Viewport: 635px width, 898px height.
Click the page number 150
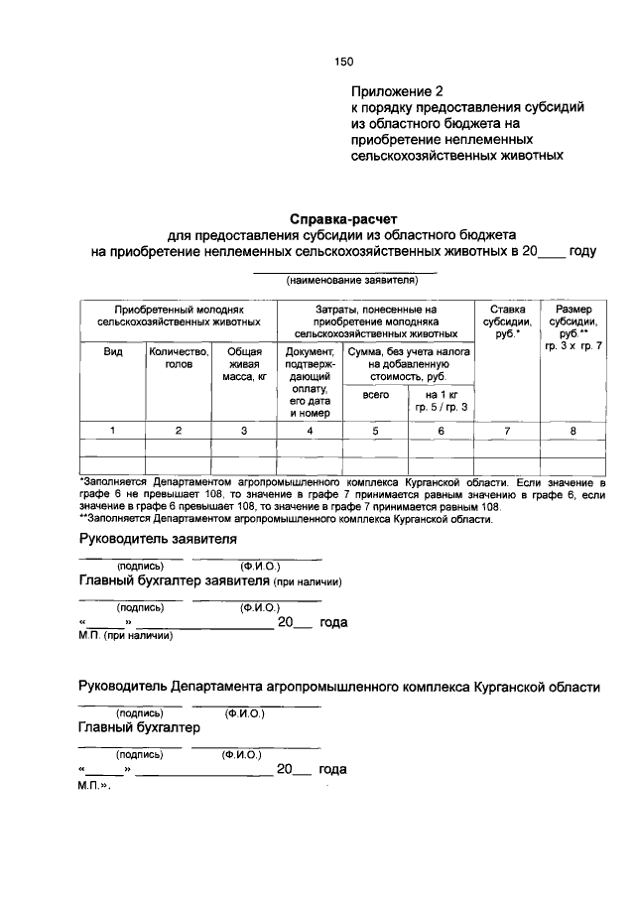point(344,62)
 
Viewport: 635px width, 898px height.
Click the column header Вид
point(113,351)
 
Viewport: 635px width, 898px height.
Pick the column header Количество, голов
point(179,357)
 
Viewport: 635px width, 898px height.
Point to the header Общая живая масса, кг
point(244,364)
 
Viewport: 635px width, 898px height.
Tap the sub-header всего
point(375,394)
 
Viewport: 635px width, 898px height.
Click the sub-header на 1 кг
point(442,394)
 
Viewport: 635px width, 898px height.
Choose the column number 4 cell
point(310,431)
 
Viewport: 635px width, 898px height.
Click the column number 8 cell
point(573,431)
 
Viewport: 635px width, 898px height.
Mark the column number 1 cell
point(113,431)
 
